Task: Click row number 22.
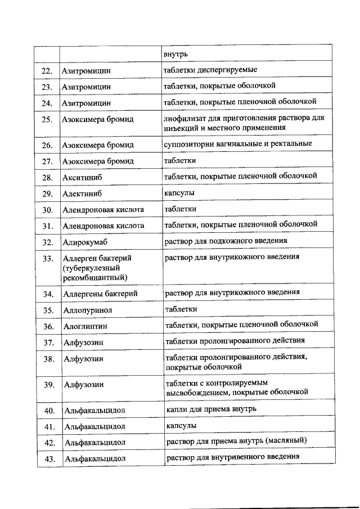click(47, 71)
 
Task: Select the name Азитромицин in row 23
click(87, 87)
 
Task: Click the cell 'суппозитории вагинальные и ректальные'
click(237, 144)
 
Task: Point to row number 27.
click(47, 161)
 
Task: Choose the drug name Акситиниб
click(83, 178)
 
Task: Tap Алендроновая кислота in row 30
click(103, 210)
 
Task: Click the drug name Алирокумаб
click(85, 242)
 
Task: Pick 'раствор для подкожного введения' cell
click(225, 241)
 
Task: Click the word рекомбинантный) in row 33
click(94, 278)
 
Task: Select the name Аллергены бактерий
click(100, 294)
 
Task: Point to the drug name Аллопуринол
click(88, 310)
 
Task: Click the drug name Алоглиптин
click(85, 326)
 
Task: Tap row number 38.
click(48, 359)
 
